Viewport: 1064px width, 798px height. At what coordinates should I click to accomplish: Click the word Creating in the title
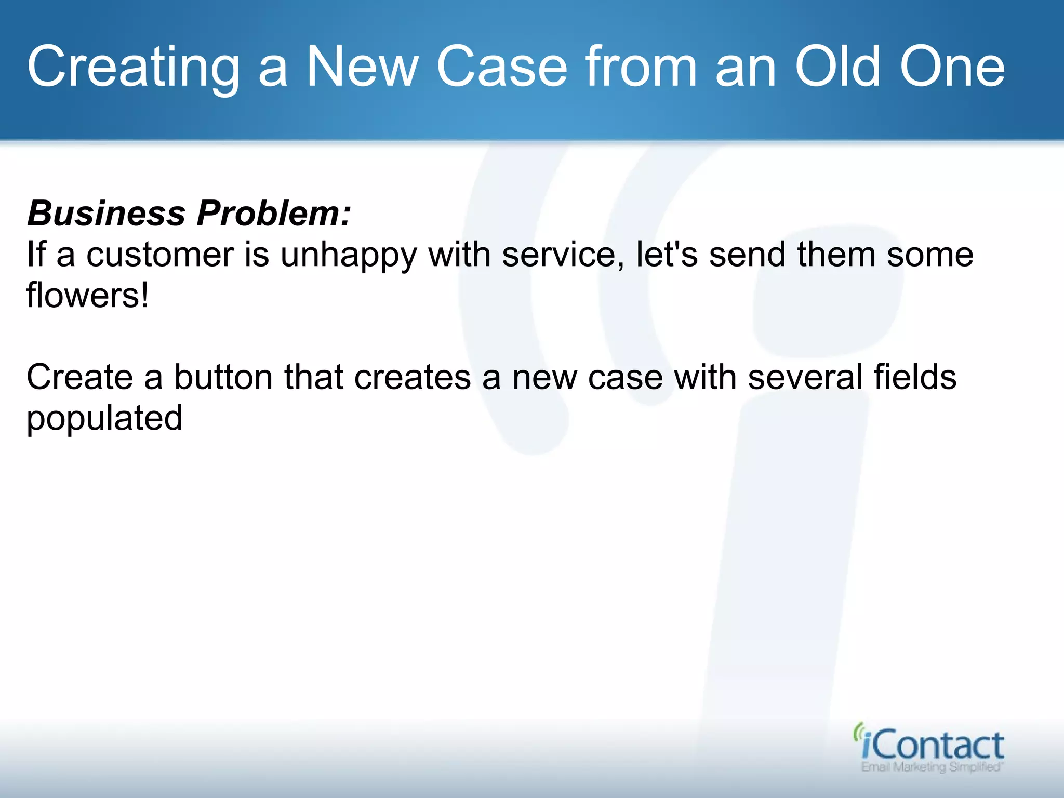pyautogui.click(x=133, y=68)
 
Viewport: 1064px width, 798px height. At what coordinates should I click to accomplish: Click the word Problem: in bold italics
pyautogui.click(x=274, y=213)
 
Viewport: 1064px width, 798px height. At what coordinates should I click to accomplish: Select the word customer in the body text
pyautogui.click(x=160, y=255)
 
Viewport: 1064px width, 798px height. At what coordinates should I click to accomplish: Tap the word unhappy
pyautogui.click(x=348, y=256)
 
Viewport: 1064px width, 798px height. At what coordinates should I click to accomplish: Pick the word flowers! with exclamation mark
pyautogui.click(x=87, y=295)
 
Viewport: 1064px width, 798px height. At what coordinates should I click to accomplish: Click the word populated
pyautogui.click(x=104, y=418)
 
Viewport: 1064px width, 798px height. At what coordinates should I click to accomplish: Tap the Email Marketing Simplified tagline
pyautogui.click(x=931, y=767)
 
